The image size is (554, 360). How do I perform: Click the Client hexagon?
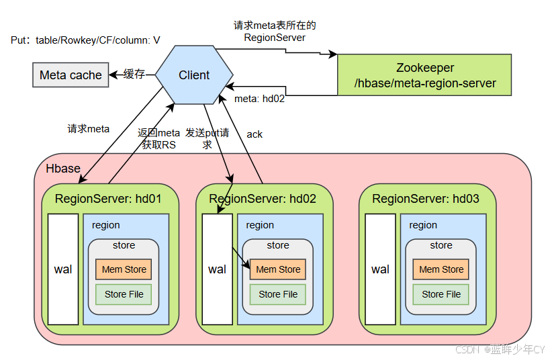(194, 75)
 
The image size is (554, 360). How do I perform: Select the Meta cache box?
(71, 75)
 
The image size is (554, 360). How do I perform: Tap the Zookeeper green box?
(424, 75)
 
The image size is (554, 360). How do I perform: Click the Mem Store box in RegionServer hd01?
(124, 269)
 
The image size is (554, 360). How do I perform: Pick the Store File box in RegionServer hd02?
(278, 294)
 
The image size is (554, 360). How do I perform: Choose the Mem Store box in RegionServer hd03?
(441, 269)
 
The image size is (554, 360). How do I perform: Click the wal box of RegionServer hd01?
(63, 269)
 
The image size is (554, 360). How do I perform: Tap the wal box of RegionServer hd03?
(380, 269)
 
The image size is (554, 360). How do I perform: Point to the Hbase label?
(63, 169)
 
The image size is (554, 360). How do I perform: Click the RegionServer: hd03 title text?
(426, 199)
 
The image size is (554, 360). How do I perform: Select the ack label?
(255, 134)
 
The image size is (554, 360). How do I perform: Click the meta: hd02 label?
(260, 99)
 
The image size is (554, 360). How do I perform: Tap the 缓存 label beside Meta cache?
(134, 74)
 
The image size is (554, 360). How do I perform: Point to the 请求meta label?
(89, 128)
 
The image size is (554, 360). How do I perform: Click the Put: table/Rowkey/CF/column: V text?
(85, 40)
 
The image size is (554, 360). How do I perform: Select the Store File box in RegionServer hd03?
(441, 294)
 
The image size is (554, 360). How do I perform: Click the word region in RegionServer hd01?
(105, 226)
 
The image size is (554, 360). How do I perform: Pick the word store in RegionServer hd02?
(278, 245)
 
